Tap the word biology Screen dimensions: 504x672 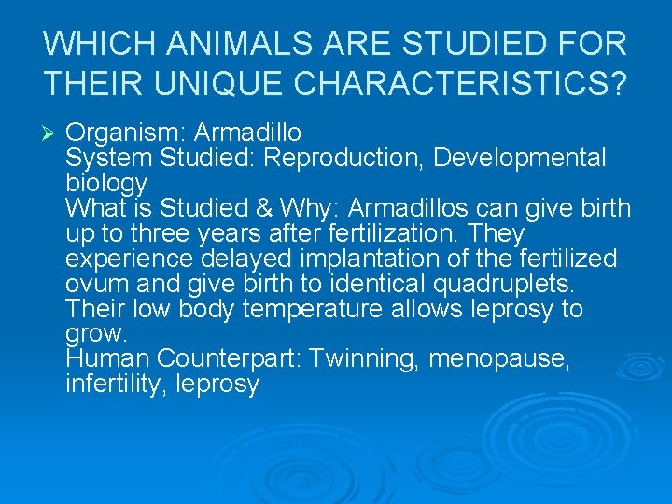[106, 184]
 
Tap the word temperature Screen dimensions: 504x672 [323, 309]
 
